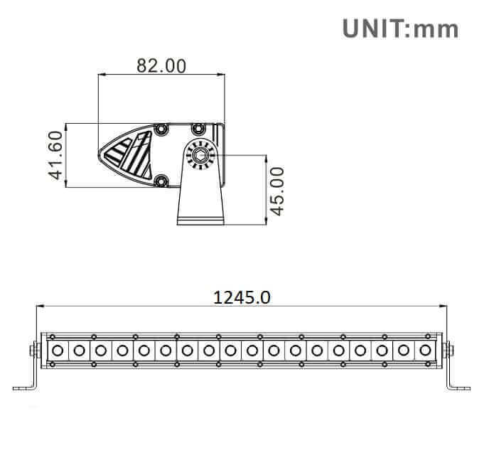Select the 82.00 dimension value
pyautogui.click(x=161, y=65)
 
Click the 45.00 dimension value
pyautogui.click(x=276, y=190)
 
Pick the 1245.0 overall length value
pyautogui.click(x=242, y=297)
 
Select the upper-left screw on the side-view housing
pyautogui.click(x=162, y=129)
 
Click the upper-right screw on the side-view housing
pyautogui.click(x=198, y=129)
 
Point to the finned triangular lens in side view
pyautogui.click(x=129, y=154)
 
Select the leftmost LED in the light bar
pyautogui.click(x=58, y=350)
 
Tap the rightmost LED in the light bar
pyautogui.click(x=426, y=350)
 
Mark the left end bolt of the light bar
pyautogui.click(x=33, y=350)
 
